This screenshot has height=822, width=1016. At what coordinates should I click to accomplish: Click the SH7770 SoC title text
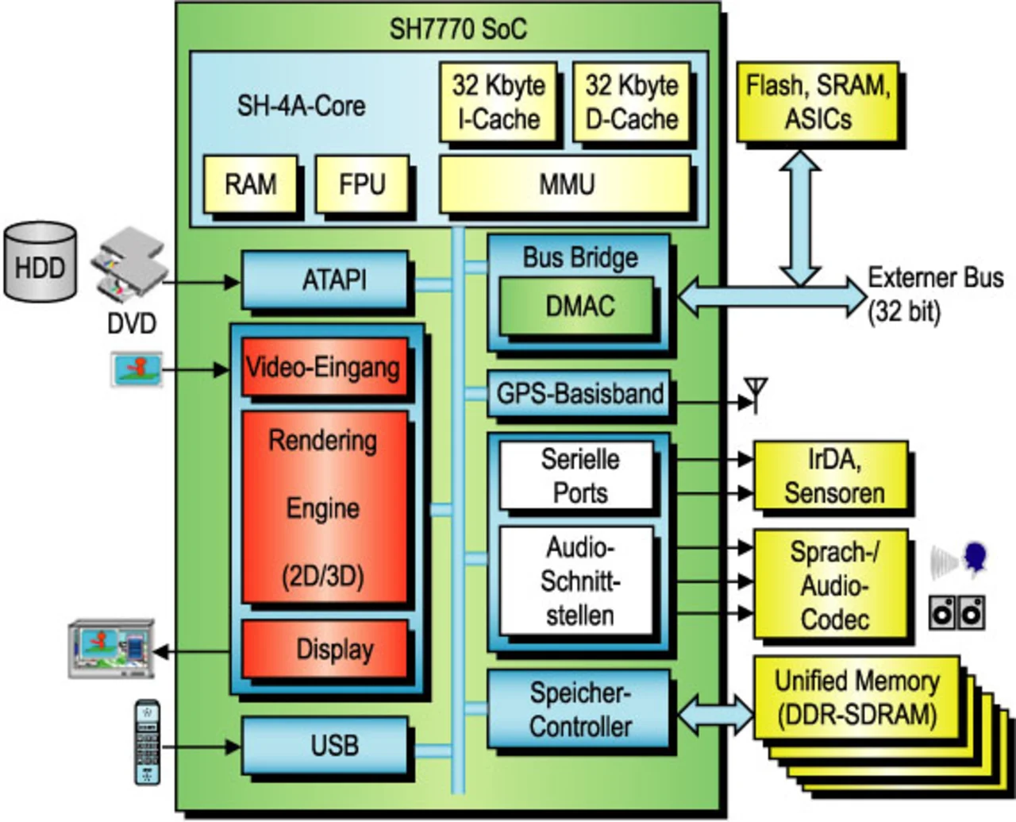457,29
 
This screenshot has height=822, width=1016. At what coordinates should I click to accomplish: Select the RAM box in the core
250,184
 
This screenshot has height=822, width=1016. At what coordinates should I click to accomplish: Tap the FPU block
362,184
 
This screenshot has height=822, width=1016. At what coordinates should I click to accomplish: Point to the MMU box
565,184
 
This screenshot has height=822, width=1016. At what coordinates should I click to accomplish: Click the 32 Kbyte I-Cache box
498,102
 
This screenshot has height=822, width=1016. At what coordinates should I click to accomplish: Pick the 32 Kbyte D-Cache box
631,102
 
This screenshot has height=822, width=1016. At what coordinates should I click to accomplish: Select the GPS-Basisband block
579,394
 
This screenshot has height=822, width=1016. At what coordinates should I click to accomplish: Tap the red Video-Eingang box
323,367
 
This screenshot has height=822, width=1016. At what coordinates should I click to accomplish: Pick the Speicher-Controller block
579,709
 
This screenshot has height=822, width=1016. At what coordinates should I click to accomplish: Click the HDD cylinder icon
40,262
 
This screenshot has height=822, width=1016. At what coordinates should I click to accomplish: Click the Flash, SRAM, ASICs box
818,102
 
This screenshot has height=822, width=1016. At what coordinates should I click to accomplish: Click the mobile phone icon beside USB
148,742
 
